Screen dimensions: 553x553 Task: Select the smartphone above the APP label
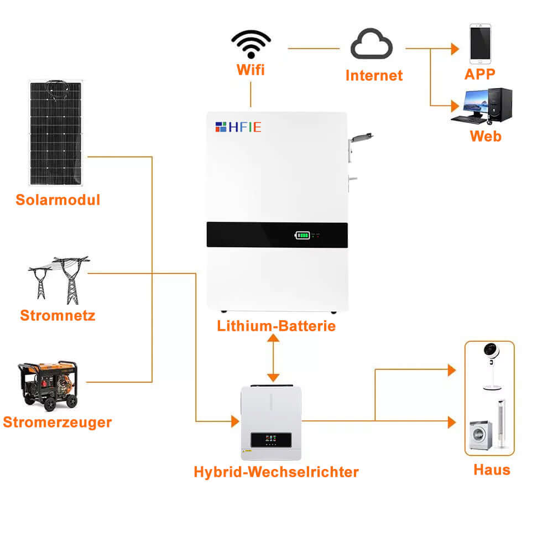coord(480,43)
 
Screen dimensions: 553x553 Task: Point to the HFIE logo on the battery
coord(238,127)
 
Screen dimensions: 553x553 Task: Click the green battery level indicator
coord(302,236)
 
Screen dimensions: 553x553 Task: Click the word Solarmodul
coord(58,200)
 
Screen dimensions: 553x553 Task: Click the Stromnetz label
coord(58,316)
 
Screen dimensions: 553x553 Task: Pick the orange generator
coord(48,385)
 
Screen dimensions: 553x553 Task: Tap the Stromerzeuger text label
coord(57,422)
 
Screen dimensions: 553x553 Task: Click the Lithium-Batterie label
coord(276,326)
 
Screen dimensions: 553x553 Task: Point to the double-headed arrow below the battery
coord(272,358)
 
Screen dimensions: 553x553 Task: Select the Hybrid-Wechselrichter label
coord(276,472)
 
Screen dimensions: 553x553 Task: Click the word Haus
coord(492,470)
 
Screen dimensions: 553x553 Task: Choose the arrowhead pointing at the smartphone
coord(455,49)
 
